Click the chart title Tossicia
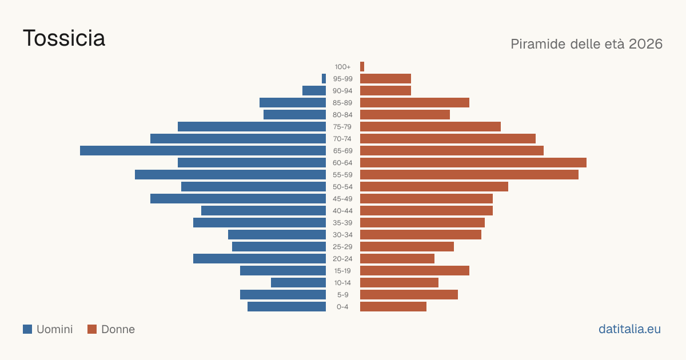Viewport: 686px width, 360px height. pos(64,38)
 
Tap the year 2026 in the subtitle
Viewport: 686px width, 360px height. pos(645,44)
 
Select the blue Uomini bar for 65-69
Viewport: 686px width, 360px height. pos(203,151)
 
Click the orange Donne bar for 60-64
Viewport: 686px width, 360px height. pos(473,162)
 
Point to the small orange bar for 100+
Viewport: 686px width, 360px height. pos(362,66)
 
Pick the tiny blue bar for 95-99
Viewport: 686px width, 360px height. pos(324,79)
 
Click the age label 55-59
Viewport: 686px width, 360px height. pos(342,175)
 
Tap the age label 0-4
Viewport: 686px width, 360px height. pos(342,307)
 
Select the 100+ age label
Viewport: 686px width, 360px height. pos(342,67)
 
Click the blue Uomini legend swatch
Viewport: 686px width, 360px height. pos(27,329)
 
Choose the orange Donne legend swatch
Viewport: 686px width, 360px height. pos(92,329)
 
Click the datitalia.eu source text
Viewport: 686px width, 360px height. pos(629,329)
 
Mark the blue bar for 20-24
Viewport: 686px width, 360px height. pos(260,259)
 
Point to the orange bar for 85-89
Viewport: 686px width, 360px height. pos(414,102)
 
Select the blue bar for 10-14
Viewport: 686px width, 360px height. pos(298,282)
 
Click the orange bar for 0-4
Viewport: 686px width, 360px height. pos(393,307)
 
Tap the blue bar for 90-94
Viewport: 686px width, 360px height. pos(314,91)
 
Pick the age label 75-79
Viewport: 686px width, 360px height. pos(342,127)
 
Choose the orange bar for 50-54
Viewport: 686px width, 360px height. pos(434,187)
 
